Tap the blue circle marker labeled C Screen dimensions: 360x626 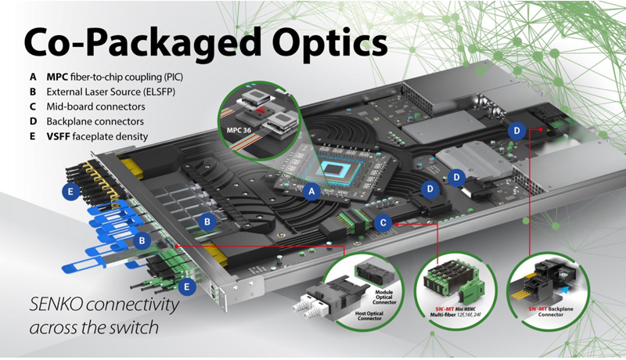(383, 221)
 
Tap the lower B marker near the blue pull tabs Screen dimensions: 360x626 (142, 240)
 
